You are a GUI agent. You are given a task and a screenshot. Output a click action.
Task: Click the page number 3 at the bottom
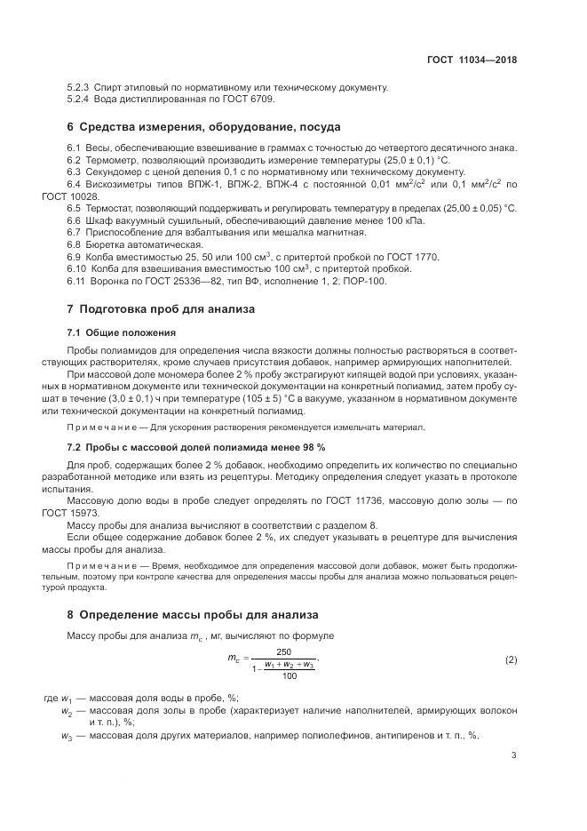(513, 755)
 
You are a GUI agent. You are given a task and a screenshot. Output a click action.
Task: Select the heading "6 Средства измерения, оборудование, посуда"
(204, 127)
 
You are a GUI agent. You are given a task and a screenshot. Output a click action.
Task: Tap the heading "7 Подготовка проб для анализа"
(161, 309)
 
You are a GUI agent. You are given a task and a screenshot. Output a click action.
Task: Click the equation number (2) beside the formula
(511, 660)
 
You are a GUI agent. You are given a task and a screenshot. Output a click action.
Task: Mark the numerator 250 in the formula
(284, 651)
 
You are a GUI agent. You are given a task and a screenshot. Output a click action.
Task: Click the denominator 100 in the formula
(289, 676)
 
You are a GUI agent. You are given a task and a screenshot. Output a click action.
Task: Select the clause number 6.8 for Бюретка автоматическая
(74, 244)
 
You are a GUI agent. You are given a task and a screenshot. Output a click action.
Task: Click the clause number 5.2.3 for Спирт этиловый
(78, 87)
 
